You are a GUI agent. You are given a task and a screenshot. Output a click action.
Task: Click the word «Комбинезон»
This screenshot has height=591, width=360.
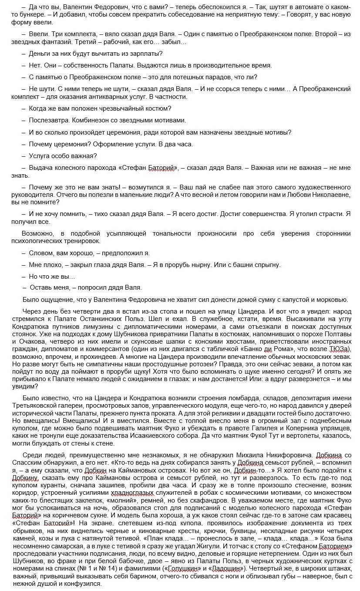tap(89, 120)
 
